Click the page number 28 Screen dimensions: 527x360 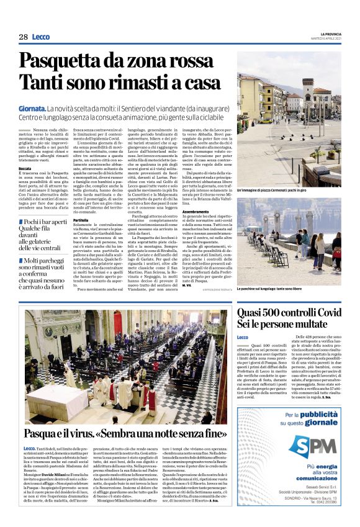coord(23,37)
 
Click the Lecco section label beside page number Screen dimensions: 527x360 coord(41,37)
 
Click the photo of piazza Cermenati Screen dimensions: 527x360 coord(289,124)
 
